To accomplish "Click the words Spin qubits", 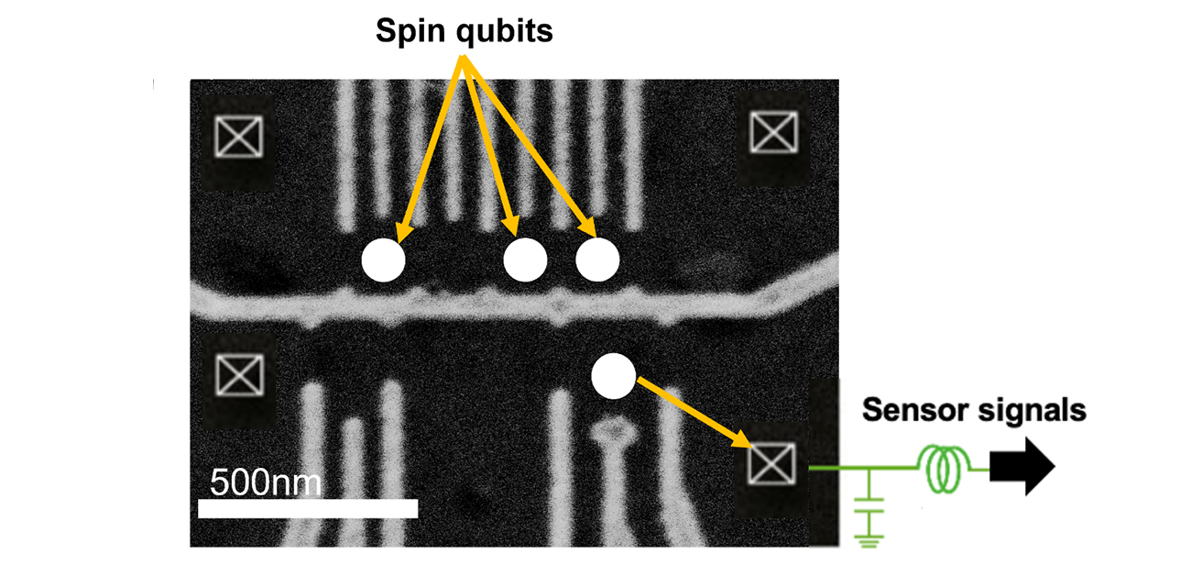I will (x=464, y=31).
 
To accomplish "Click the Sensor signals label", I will (x=974, y=409).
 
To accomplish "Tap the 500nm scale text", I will (x=266, y=482).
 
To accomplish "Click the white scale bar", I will (x=307, y=507).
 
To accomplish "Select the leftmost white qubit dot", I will (x=383, y=261).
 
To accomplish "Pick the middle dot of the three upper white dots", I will (x=525, y=261).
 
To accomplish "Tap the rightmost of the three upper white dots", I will (x=597, y=261).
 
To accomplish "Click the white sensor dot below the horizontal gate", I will (x=613, y=376).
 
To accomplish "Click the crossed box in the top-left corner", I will (x=238, y=137).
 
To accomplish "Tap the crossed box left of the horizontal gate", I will (x=239, y=375).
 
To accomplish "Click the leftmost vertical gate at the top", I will (x=346, y=156).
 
